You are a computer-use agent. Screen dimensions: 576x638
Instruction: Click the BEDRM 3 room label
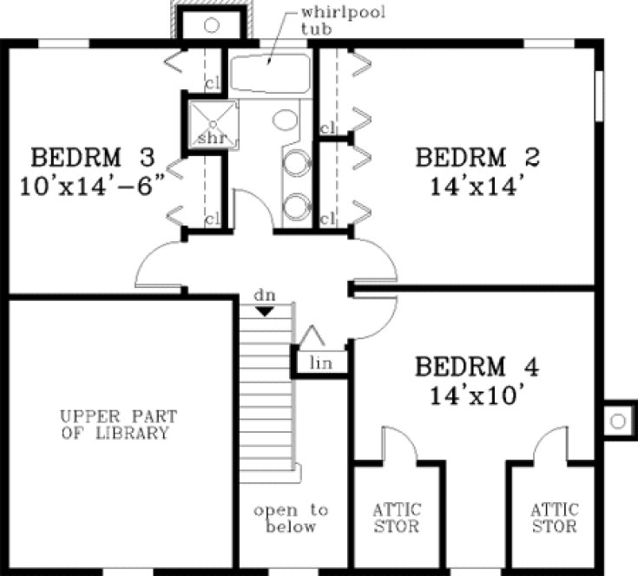point(93,158)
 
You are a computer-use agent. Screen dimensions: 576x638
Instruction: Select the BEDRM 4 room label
point(477,367)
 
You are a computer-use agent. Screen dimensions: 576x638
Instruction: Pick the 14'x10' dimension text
point(477,395)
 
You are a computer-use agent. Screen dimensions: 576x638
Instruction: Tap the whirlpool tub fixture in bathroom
point(270,75)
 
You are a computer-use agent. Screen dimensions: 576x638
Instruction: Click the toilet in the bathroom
point(286,120)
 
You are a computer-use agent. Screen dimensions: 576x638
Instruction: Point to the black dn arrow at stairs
point(266,309)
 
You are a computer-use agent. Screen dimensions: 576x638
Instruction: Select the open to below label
point(291,518)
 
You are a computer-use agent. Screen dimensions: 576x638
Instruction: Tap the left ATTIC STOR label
point(397,518)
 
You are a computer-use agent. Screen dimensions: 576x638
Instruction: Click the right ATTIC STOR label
point(554,518)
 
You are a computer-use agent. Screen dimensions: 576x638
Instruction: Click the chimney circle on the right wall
point(617,421)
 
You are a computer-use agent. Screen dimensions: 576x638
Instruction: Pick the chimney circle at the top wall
point(211,25)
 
